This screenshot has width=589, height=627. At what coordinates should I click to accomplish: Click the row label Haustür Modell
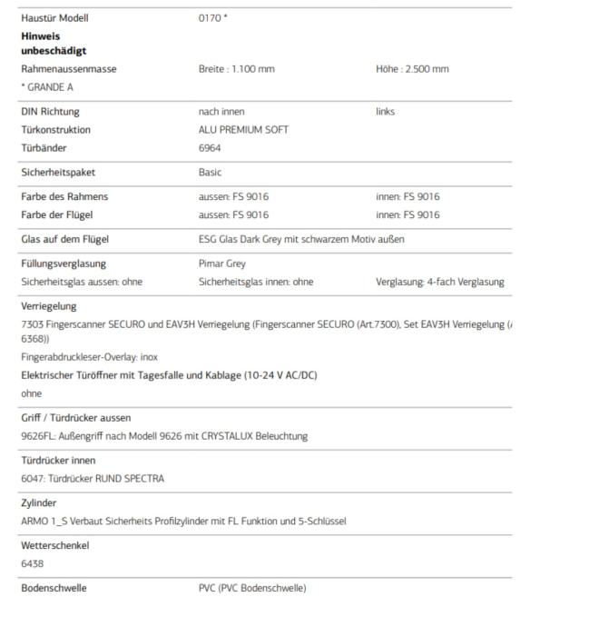click(54, 18)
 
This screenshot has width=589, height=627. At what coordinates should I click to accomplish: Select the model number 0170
click(210, 18)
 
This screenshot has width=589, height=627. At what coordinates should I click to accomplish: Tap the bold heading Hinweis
click(41, 36)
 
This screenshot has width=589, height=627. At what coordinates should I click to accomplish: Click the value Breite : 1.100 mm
click(236, 69)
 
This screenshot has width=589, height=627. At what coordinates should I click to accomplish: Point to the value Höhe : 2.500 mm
click(412, 69)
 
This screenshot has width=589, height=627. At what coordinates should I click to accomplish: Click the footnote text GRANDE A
click(49, 87)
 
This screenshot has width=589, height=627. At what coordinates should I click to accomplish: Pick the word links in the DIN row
click(385, 112)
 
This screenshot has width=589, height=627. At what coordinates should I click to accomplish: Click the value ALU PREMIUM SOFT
click(243, 130)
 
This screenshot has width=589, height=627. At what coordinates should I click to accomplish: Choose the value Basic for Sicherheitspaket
click(210, 173)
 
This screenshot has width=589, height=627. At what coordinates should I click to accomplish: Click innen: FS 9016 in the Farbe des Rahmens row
click(407, 196)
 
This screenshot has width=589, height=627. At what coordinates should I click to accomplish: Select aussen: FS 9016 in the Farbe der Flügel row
click(233, 214)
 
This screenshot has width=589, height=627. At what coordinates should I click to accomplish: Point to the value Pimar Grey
click(222, 264)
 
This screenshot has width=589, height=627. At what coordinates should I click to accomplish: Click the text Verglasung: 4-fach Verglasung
click(439, 282)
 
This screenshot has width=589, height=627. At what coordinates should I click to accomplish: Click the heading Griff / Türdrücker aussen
click(76, 418)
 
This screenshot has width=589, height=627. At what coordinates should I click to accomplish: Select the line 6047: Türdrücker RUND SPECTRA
click(93, 478)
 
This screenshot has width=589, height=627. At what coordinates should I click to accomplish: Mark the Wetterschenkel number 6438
click(33, 563)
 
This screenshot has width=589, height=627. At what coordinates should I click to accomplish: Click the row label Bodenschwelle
click(54, 588)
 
